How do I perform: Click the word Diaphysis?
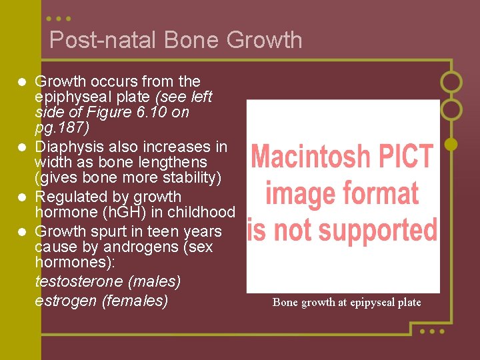pos(65,147)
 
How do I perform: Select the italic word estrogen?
pos(65,301)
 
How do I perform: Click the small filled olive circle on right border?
pos(451,143)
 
